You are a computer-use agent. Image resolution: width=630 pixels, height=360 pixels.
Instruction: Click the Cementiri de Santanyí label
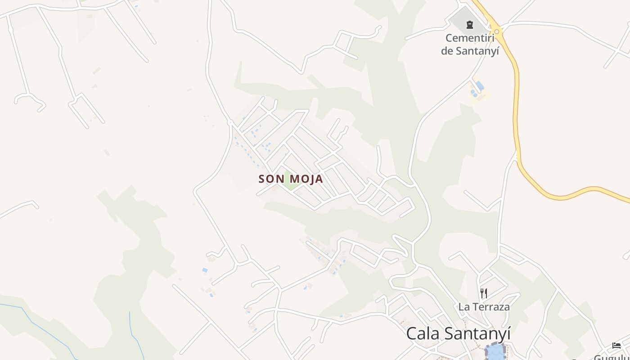[x=470, y=44]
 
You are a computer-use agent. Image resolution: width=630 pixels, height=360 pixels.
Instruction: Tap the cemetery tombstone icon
[x=470, y=24]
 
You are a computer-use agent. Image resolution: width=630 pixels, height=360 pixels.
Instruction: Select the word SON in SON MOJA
[x=271, y=179]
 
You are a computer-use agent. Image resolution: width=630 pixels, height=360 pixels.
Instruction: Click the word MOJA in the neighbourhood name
[x=306, y=179]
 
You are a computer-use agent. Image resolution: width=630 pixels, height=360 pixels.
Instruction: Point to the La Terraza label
[x=484, y=307]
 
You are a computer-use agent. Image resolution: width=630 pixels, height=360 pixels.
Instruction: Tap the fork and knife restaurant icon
[x=484, y=293]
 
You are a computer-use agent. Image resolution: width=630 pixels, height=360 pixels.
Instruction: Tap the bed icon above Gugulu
[x=616, y=346]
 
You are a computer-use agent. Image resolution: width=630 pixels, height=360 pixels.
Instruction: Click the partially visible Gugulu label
[x=612, y=357]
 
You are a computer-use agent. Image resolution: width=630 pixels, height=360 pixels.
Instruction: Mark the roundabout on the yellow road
[x=497, y=31]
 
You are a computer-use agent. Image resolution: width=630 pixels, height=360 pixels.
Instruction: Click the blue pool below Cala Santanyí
[x=495, y=351]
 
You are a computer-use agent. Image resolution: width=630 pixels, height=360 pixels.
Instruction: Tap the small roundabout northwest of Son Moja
[x=230, y=122]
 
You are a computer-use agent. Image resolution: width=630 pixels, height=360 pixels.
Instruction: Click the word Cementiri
[x=470, y=38]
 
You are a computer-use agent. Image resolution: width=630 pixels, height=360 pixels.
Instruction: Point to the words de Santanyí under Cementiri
[x=470, y=50]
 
